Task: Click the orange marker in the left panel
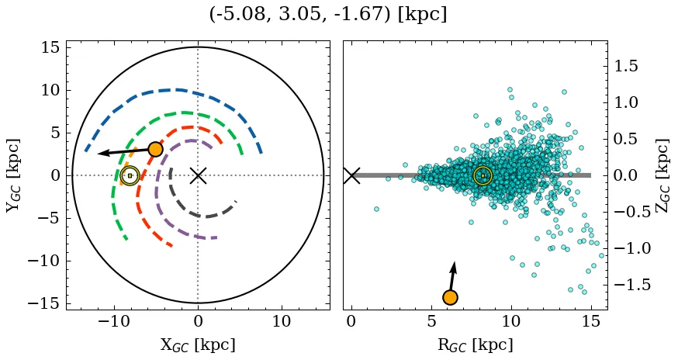pyautogui.click(x=156, y=149)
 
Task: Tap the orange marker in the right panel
pyautogui.click(x=450, y=297)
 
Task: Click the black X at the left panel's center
pyautogui.click(x=198, y=175)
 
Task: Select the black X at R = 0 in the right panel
pyautogui.click(x=351, y=175)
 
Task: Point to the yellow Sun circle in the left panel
pyautogui.click(x=130, y=176)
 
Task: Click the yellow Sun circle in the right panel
pyautogui.click(x=483, y=176)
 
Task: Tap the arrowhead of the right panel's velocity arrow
pyautogui.click(x=454, y=266)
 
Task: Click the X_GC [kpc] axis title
pyautogui.click(x=198, y=344)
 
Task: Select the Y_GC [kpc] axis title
pyautogui.click(x=12, y=175)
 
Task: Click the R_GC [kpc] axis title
pyautogui.click(x=475, y=344)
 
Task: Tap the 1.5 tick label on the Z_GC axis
pyautogui.click(x=627, y=66)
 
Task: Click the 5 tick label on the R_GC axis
pyautogui.click(x=431, y=321)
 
